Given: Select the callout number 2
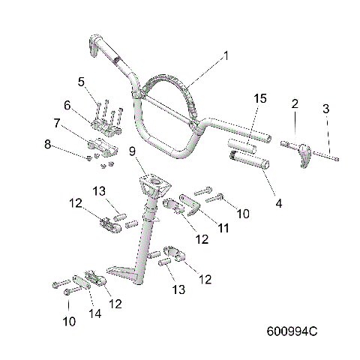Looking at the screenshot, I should coord(295,103).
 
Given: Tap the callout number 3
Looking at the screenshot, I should coord(325,109).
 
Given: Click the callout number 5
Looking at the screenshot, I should coord(82,80).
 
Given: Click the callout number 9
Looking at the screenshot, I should coord(132,152).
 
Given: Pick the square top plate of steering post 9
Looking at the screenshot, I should coord(154,182).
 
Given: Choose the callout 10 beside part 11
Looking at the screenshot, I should coord(242,214).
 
